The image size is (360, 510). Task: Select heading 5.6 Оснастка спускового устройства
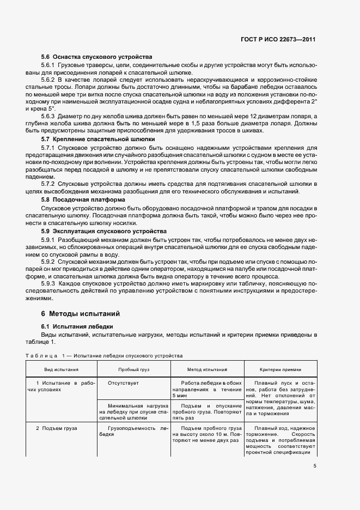point(96,57)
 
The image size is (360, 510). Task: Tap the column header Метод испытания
point(207,369)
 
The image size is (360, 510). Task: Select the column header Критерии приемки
point(279,369)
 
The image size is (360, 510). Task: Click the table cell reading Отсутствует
point(124,384)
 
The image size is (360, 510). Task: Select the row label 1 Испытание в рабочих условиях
point(61,387)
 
